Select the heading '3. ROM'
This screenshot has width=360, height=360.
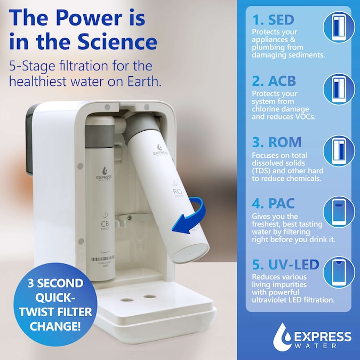[x=277, y=142]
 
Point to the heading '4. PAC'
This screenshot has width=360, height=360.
[x=273, y=204]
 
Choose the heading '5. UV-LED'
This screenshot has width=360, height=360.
[x=285, y=265]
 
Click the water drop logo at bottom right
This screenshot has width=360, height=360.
[x=283, y=337]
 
